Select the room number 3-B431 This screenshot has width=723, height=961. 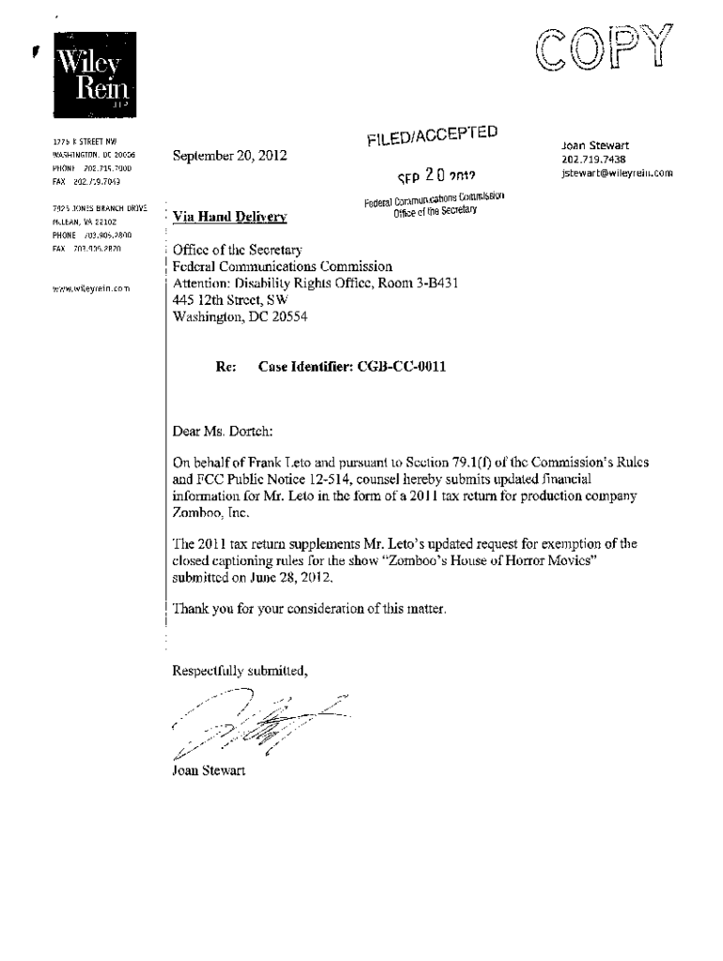click(432, 283)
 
